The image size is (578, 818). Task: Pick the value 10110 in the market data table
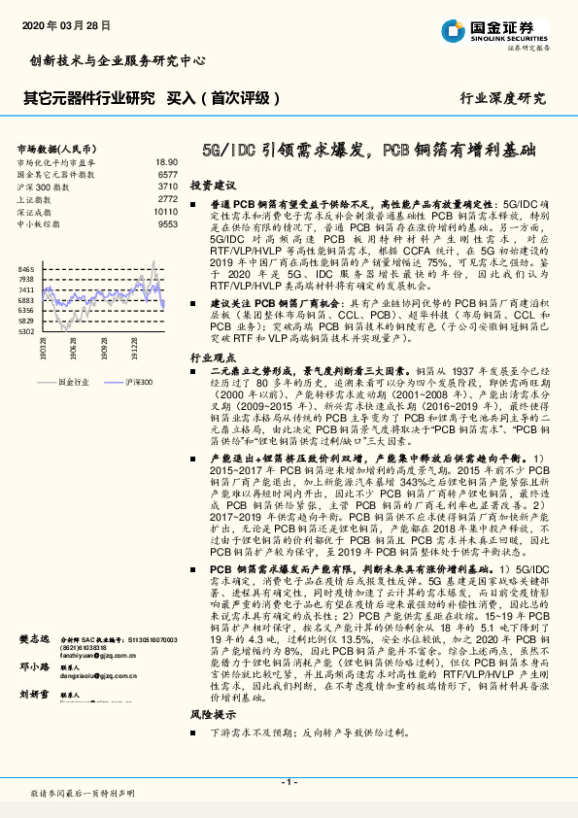(165, 211)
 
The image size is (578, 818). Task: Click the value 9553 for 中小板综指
(167, 223)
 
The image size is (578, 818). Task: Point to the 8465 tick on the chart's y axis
(26, 268)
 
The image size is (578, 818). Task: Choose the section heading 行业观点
(213, 358)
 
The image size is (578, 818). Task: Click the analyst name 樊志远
(36, 638)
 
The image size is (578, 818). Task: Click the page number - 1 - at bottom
(289, 781)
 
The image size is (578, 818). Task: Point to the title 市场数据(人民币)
(53, 148)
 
